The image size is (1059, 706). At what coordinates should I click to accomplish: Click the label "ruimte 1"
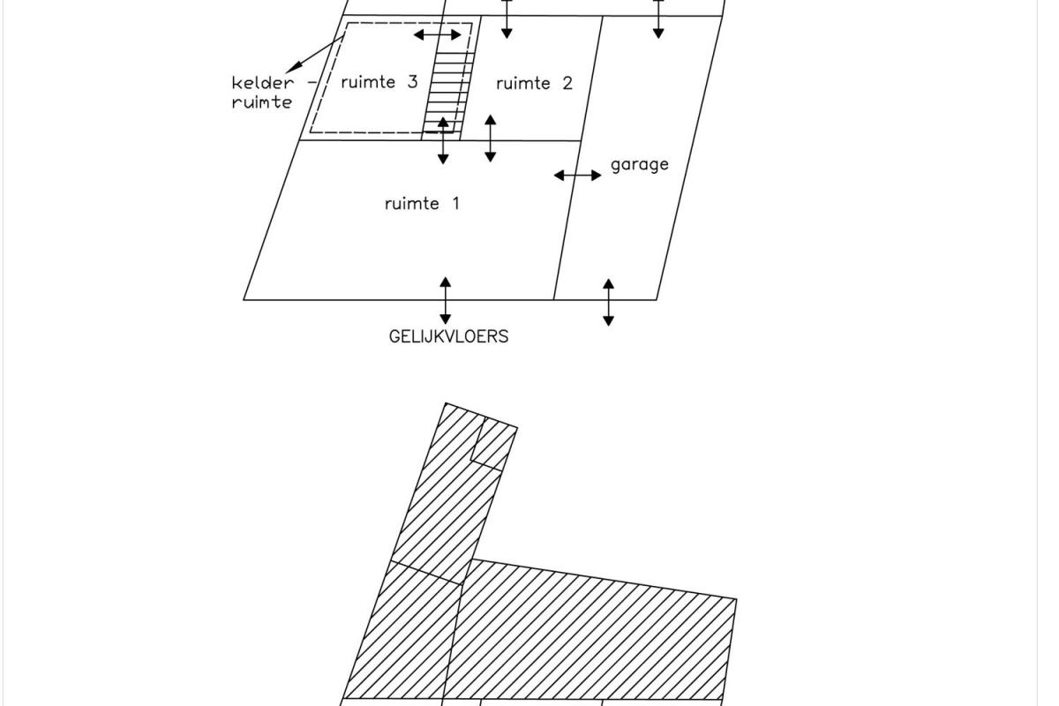pyautogui.click(x=422, y=204)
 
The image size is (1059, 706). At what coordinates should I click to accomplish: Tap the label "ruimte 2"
pyautogui.click(x=534, y=84)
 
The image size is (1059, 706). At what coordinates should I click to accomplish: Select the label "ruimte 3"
pyautogui.click(x=379, y=82)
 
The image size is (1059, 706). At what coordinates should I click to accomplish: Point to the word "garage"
pyautogui.click(x=640, y=165)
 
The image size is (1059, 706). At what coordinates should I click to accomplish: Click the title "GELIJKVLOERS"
pyautogui.click(x=448, y=337)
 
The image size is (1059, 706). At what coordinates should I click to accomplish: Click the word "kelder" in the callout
pyautogui.click(x=262, y=83)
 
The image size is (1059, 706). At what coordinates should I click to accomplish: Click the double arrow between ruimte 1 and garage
pyautogui.click(x=577, y=176)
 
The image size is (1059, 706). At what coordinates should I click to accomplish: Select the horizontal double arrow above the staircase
pyautogui.click(x=438, y=34)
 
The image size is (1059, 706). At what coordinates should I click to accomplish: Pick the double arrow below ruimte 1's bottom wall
pyautogui.click(x=446, y=300)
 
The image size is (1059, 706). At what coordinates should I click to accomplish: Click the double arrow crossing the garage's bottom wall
pyautogui.click(x=608, y=302)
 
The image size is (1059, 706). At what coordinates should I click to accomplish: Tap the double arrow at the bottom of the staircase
pyautogui.click(x=443, y=140)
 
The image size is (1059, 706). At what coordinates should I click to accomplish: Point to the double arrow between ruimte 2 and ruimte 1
pyautogui.click(x=491, y=138)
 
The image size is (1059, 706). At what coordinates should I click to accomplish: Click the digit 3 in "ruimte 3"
pyautogui.click(x=413, y=82)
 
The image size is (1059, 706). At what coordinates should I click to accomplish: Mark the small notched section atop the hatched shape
pyautogui.click(x=494, y=445)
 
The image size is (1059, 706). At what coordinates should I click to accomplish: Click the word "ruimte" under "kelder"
pyautogui.click(x=262, y=102)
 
